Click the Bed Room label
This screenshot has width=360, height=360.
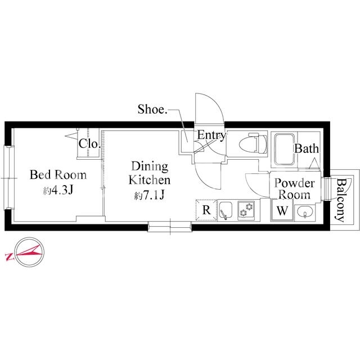pos(58,175)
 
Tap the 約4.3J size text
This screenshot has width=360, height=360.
pos(58,190)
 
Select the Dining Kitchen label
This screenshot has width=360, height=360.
pos(150,173)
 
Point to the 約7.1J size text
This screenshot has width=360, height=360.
pos(150,195)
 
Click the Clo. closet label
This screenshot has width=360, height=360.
pos(89,144)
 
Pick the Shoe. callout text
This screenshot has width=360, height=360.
pos(152,109)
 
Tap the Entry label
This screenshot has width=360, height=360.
pos(211,136)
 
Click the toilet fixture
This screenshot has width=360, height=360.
pos(253,144)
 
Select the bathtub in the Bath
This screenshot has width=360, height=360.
pos(285,150)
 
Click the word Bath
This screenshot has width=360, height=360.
pos(307,148)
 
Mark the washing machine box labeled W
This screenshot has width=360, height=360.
pos(282,210)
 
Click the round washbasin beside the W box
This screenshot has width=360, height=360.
pos(304,212)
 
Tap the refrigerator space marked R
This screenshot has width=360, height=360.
pos(206,210)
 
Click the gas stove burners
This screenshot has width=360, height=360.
pos(246,210)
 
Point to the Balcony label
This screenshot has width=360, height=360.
pos(341,200)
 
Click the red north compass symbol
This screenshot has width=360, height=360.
pos(29,252)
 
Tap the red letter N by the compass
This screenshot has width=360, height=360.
pos(10,257)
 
